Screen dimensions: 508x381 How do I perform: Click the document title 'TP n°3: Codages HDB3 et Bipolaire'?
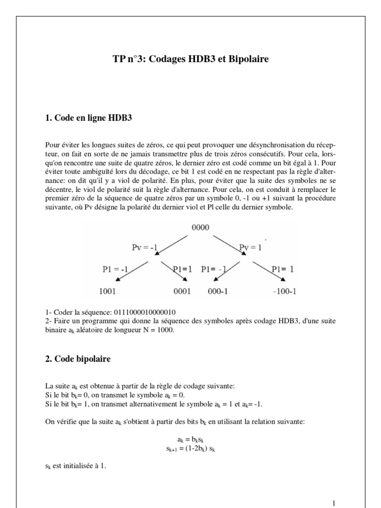click(x=190, y=59)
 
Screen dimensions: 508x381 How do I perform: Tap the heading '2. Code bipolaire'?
click(x=77, y=360)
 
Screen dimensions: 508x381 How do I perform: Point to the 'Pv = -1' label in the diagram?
click(x=144, y=247)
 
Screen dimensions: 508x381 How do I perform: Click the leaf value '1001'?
click(x=108, y=292)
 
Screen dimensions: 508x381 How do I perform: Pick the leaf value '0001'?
click(x=182, y=292)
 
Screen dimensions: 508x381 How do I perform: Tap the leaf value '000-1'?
click(x=217, y=292)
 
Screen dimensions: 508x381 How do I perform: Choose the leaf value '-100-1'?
click(x=284, y=292)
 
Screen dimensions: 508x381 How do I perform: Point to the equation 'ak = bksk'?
click(x=190, y=440)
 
